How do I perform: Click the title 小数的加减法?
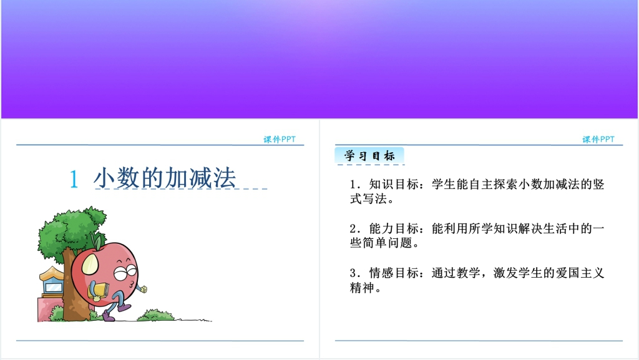click(165, 178)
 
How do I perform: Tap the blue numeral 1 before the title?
click(74, 179)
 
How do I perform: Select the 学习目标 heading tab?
click(369, 155)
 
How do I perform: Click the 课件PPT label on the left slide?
click(280, 139)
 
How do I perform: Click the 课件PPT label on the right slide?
click(598, 139)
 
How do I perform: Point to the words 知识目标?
click(394, 185)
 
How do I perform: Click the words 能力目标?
click(394, 228)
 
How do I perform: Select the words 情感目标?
click(394, 273)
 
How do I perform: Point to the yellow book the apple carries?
click(99, 291)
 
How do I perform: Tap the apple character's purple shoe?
click(109, 316)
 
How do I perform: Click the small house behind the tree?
click(52, 281)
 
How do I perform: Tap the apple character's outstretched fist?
click(143, 289)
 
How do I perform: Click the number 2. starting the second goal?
click(355, 229)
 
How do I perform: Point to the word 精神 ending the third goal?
click(362, 288)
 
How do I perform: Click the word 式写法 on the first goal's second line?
click(368, 199)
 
